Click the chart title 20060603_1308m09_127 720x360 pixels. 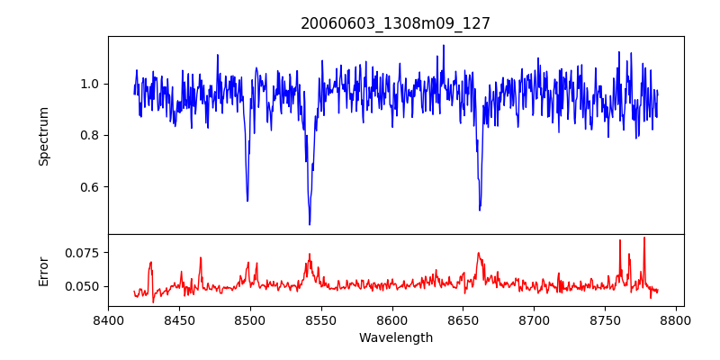(x=395, y=23)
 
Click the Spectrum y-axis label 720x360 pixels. (x=43, y=136)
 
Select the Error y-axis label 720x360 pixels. (x=43, y=270)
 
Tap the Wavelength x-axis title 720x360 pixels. (x=395, y=338)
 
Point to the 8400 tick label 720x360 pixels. (x=108, y=319)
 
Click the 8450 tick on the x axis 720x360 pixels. (x=179, y=319)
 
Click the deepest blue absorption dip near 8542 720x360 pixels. (x=310, y=224)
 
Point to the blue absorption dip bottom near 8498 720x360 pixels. (x=247, y=201)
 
